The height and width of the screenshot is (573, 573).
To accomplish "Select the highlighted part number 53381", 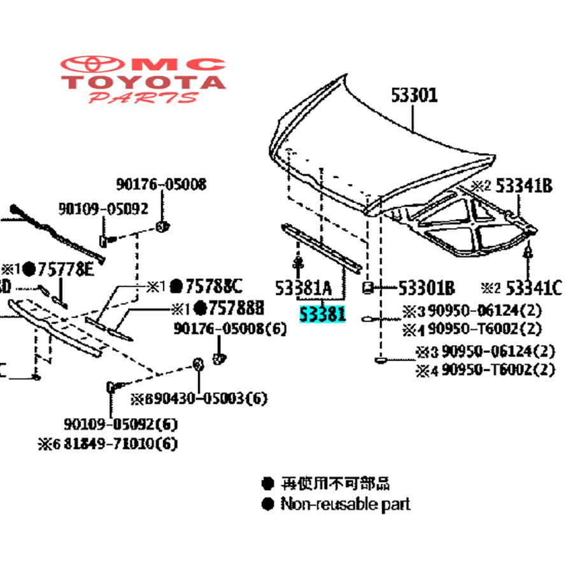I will click(323, 314).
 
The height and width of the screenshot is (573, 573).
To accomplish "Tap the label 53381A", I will click(304, 289).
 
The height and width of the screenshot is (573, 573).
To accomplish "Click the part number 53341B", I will click(524, 186).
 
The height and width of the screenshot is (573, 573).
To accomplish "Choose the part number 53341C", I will click(534, 288).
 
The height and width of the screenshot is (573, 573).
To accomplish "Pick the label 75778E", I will click(66, 269).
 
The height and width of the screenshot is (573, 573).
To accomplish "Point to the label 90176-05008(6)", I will click(222, 329).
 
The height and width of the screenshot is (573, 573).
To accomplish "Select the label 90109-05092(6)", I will click(120, 424).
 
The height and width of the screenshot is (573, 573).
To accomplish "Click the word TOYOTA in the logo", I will click(144, 82).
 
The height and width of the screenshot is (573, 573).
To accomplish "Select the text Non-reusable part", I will click(345, 504).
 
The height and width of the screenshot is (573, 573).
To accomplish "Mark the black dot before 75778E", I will click(29, 269).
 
